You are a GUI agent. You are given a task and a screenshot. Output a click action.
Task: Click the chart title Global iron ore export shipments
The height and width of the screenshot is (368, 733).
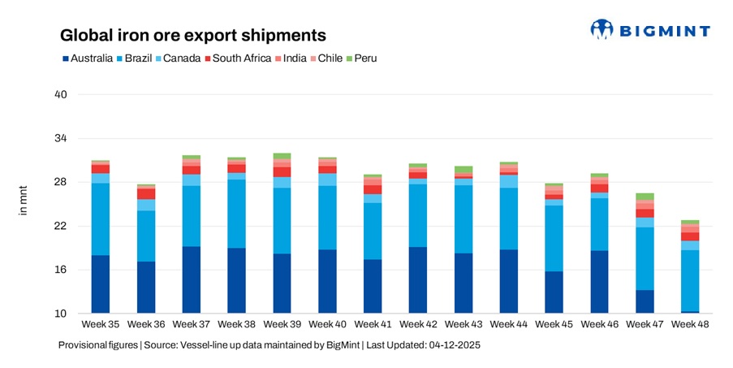pos(193,35)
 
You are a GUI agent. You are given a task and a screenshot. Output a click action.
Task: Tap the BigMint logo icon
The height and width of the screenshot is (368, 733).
pos(601,30)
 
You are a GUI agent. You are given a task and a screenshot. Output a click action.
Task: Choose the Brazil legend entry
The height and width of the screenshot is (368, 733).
pos(139,58)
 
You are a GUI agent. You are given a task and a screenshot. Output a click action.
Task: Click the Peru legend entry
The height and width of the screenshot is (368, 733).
pos(360,58)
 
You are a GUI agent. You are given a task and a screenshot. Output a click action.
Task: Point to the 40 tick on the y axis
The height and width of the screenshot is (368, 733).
pos(60,95)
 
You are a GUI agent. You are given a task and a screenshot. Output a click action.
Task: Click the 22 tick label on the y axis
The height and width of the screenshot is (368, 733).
pos(60,226)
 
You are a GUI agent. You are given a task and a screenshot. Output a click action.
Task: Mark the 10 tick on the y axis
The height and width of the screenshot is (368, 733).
pos(60,314)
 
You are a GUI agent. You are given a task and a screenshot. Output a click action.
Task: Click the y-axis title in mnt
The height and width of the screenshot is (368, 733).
pos(23,203)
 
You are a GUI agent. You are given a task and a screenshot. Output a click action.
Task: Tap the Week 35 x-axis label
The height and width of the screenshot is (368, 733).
pos(101,325)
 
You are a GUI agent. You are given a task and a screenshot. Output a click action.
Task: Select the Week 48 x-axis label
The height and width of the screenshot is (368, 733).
pos(690,325)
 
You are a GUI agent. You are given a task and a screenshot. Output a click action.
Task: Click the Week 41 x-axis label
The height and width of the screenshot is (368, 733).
pos(373,325)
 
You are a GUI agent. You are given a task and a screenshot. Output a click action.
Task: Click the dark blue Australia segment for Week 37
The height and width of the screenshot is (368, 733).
pos(192,280)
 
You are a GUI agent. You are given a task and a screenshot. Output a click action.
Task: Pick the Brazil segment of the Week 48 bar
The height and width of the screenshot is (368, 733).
pos(690,280)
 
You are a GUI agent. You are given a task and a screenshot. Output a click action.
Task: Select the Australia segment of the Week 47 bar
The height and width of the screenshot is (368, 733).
pos(645,301)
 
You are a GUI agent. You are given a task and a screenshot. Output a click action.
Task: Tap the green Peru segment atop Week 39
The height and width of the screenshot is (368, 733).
pos(282,156)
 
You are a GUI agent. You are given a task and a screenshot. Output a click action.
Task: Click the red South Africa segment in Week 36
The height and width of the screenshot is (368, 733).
pos(146,194)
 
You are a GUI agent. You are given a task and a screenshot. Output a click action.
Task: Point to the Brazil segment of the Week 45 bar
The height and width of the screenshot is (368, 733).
pos(554,238)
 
